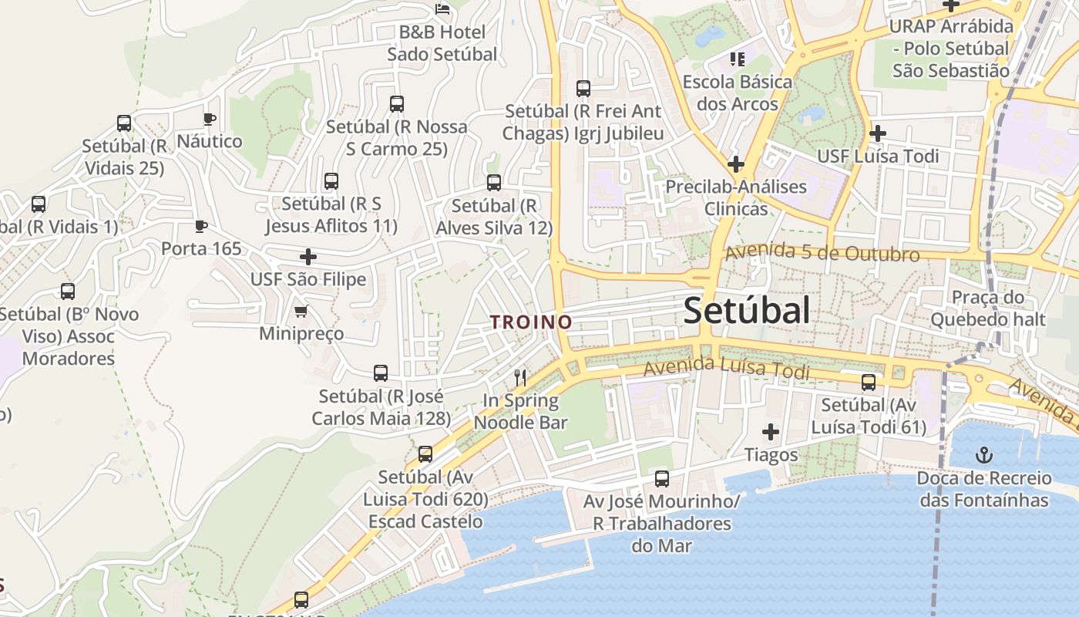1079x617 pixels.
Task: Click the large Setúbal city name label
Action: (746, 311)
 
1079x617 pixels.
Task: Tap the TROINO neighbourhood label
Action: (532, 322)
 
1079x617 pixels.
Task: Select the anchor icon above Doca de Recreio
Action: (984, 454)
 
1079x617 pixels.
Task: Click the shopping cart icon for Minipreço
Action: (301, 311)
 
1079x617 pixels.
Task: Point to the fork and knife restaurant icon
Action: (520, 377)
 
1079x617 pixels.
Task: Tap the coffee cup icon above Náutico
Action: (209, 119)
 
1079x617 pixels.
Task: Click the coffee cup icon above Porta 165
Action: (200, 226)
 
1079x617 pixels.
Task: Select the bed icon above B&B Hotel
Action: (442, 9)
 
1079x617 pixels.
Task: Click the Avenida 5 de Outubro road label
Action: (822, 253)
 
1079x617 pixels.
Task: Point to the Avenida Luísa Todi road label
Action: (726, 368)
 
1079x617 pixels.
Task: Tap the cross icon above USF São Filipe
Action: (308, 256)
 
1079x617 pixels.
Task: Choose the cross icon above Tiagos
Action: (770, 432)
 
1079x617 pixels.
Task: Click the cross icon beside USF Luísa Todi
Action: (877, 133)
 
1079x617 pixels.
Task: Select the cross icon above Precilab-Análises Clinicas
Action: (735, 164)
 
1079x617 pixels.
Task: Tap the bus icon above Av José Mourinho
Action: (661, 478)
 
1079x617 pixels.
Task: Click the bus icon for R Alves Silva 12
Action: (494, 183)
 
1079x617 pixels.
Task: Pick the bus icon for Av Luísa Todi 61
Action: (869, 382)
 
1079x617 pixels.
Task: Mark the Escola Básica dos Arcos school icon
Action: (737, 59)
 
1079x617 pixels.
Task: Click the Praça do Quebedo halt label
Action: (987, 308)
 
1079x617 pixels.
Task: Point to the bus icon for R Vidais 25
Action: (124, 123)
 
